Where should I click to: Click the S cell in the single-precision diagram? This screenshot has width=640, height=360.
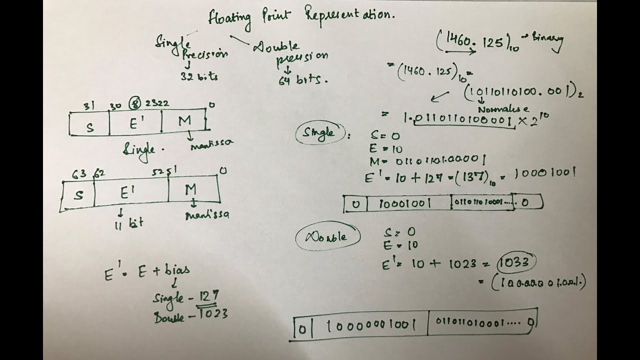pos(89,126)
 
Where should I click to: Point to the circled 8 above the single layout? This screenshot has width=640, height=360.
pos(134,104)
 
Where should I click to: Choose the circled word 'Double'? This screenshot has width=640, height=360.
pos(328,236)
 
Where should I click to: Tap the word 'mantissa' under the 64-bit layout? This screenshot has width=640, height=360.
pos(207,215)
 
